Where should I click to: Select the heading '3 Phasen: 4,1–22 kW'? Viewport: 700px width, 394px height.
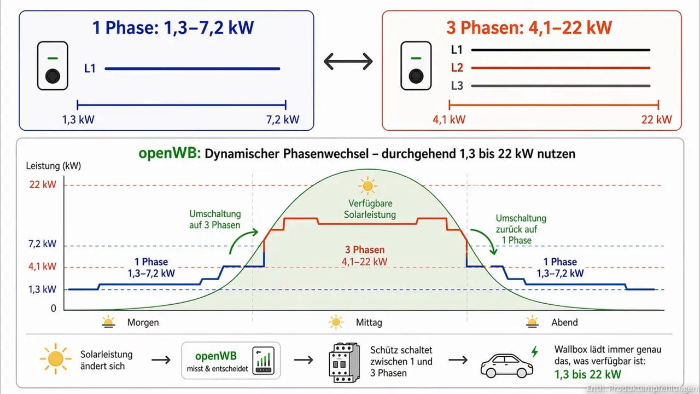tap(529, 27)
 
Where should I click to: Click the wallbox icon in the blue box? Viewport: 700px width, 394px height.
tap(52, 66)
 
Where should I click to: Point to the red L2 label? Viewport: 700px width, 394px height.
tap(457, 68)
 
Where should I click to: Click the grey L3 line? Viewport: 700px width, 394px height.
tap(561, 86)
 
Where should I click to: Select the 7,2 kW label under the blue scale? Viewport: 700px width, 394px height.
tap(283, 119)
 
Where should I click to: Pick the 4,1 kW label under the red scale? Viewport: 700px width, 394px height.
tap(449, 119)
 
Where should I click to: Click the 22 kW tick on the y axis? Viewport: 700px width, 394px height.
tap(43, 185)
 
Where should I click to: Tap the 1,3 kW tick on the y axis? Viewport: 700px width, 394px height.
tap(43, 289)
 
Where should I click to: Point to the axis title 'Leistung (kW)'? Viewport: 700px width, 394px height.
tap(53, 166)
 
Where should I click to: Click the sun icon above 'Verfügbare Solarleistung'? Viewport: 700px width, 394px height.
tap(367, 186)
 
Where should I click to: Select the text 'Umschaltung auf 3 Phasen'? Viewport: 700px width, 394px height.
tap(215, 219)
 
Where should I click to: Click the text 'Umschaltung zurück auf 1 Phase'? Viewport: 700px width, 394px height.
tap(521, 229)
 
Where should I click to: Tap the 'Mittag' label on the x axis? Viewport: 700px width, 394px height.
tap(369, 322)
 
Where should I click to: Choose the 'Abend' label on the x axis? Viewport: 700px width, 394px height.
tap(564, 322)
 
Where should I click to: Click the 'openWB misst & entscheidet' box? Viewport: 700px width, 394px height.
tap(230, 360)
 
